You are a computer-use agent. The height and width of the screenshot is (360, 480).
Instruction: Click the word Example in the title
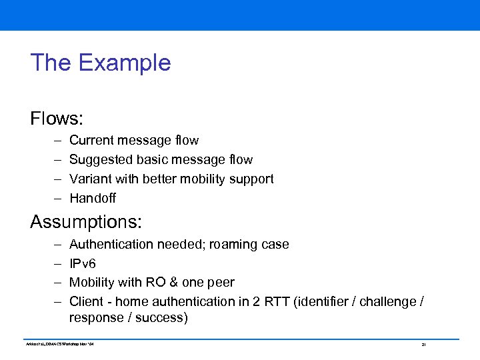click(x=125, y=63)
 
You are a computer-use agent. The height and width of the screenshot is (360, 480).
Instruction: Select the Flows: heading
click(x=57, y=119)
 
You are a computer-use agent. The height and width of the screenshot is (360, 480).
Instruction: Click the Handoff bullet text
click(x=93, y=198)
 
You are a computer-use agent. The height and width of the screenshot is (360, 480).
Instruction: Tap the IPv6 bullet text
click(x=83, y=263)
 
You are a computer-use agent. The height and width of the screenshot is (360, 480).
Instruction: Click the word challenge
click(x=385, y=301)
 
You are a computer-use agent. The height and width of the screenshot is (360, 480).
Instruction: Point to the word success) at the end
click(x=161, y=317)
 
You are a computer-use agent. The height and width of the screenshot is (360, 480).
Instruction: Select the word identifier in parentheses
click(x=326, y=301)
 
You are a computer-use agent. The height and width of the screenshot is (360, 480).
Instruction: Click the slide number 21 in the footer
click(x=423, y=345)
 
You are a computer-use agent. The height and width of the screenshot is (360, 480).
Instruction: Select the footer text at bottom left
click(x=62, y=344)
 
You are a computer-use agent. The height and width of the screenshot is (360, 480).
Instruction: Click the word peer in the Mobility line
click(x=221, y=282)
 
